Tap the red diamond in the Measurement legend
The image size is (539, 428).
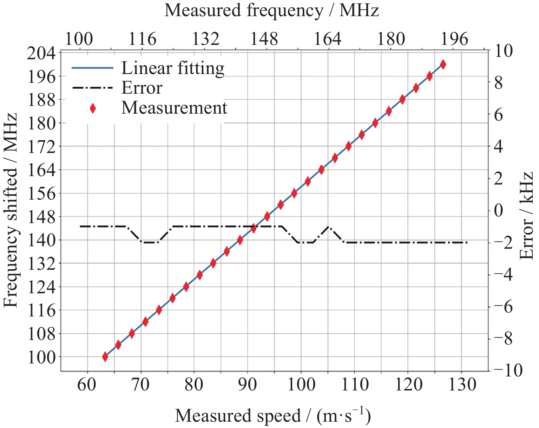93,108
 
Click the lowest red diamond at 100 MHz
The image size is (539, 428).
105,357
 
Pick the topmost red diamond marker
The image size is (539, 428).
443,64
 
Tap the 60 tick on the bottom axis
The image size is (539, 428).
86,385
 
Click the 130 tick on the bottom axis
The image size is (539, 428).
462,385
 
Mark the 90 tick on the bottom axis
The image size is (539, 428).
247,385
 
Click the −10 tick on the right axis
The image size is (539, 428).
507,370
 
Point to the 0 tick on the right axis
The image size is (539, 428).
499,211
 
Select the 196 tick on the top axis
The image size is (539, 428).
454,39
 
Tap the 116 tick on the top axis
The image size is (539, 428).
142,39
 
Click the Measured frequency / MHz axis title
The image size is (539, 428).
271,11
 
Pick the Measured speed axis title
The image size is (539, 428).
273,416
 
